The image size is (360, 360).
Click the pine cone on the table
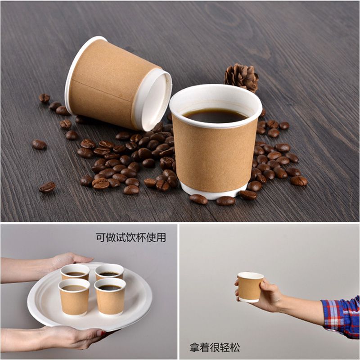pyautogui.click(x=241, y=77)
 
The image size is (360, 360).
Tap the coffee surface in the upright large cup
pyautogui.click(x=215, y=116)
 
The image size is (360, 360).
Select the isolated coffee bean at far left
pyautogui.click(x=39, y=144)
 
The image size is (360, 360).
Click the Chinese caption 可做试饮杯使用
pyautogui.click(x=130, y=238)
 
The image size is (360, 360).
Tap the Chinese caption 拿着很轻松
pyautogui.click(x=215, y=347)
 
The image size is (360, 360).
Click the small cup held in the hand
pyautogui.click(x=250, y=287)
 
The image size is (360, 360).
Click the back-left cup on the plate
pyautogui.click(x=75, y=272)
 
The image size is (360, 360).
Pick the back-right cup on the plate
pyautogui.click(x=109, y=272)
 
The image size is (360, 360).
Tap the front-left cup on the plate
pyautogui.click(x=74, y=297)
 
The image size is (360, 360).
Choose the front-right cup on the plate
pyautogui.click(x=110, y=297)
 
